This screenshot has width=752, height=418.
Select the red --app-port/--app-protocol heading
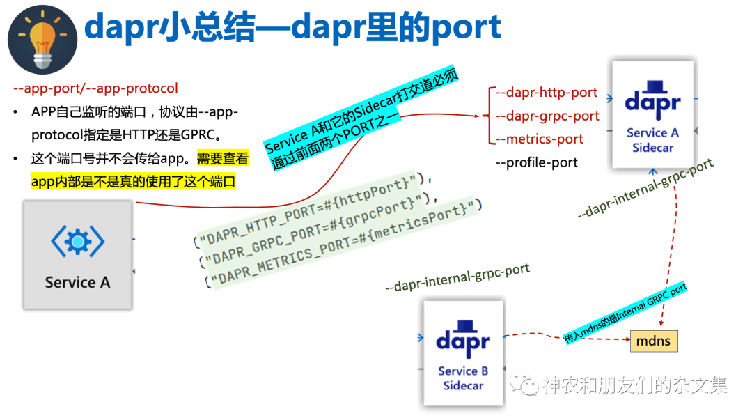click(x=96, y=88)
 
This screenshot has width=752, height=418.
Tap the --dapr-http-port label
click(x=547, y=92)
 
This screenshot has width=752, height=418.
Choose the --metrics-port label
click(x=540, y=139)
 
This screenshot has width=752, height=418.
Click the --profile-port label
click(x=537, y=162)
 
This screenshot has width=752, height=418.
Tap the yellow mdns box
click(x=654, y=341)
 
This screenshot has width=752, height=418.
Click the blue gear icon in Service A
click(x=77, y=242)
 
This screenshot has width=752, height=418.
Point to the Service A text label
click(x=77, y=282)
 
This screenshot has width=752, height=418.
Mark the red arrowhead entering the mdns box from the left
click(x=626, y=341)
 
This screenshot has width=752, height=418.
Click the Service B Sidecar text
click(x=463, y=378)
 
